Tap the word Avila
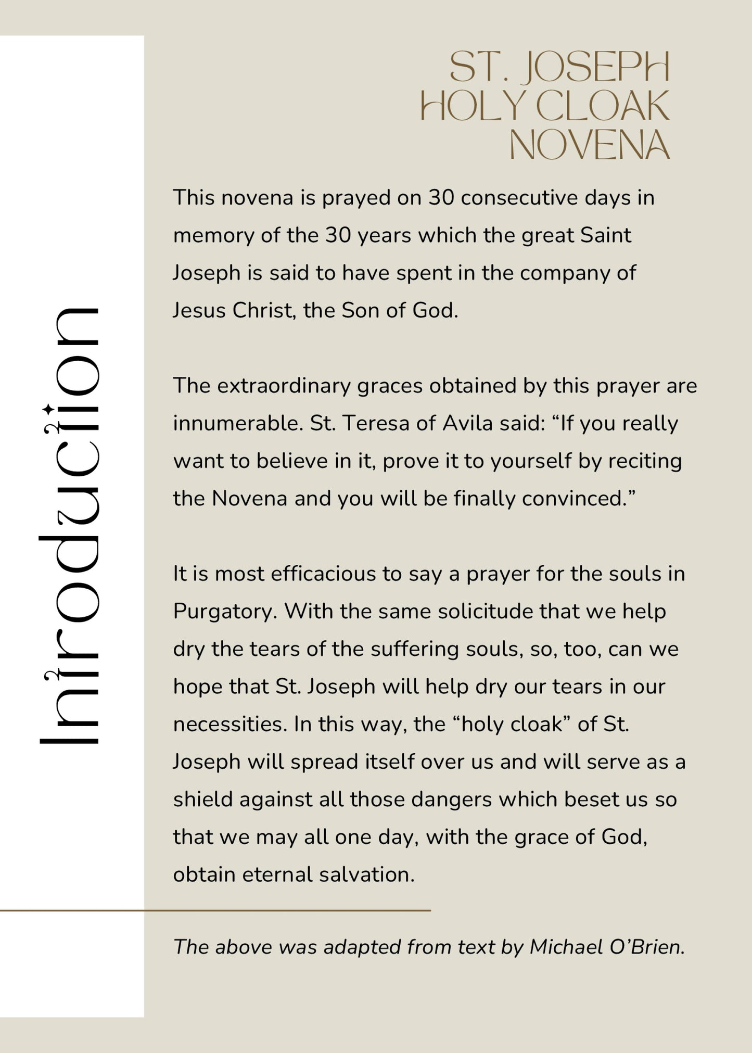click(x=467, y=424)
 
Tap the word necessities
click(x=230, y=724)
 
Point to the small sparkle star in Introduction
click(x=48, y=409)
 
